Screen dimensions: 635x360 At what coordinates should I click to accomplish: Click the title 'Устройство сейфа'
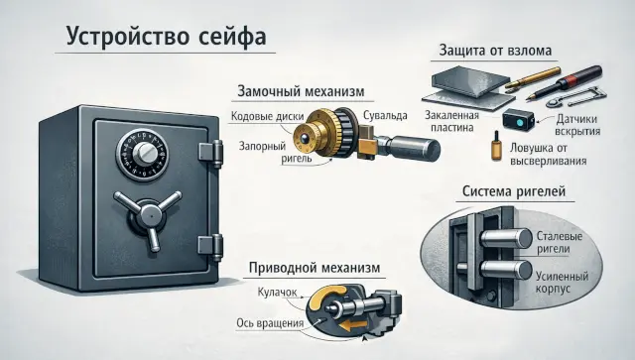tap(166, 37)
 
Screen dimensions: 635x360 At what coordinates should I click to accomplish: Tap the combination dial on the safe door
tap(143, 154)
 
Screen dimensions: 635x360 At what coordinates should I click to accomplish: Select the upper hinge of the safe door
tap(211, 154)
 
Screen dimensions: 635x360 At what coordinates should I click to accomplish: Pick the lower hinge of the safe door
tap(210, 247)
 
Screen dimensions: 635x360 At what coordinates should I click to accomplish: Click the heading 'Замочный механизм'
tap(301, 91)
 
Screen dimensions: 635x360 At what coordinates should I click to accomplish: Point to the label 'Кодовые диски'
tap(267, 117)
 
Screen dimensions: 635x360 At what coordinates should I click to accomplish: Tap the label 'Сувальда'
tap(385, 116)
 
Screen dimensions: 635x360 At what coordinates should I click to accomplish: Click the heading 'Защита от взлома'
tap(495, 51)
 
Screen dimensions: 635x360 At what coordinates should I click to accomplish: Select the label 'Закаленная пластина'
tap(452, 121)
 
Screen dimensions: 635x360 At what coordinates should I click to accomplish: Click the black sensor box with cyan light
tap(518, 119)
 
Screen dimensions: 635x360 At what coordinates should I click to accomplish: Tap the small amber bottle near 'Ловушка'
tap(496, 146)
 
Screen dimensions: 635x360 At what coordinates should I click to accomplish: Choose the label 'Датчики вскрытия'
tap(577, 125)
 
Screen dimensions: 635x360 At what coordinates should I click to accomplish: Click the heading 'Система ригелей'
tap(514, 191)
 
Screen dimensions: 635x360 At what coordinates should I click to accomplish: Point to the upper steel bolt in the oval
tap(507, 239)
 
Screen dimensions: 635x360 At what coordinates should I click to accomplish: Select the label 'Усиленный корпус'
tap(562, 283)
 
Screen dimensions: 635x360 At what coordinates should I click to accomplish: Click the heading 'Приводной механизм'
tap(315, 268)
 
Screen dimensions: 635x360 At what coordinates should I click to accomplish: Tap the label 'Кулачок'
tap(277, 292)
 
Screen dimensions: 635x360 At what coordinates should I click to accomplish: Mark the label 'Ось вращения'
tap(270, 323)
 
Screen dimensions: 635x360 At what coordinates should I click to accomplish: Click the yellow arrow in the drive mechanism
tap(353, 324)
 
